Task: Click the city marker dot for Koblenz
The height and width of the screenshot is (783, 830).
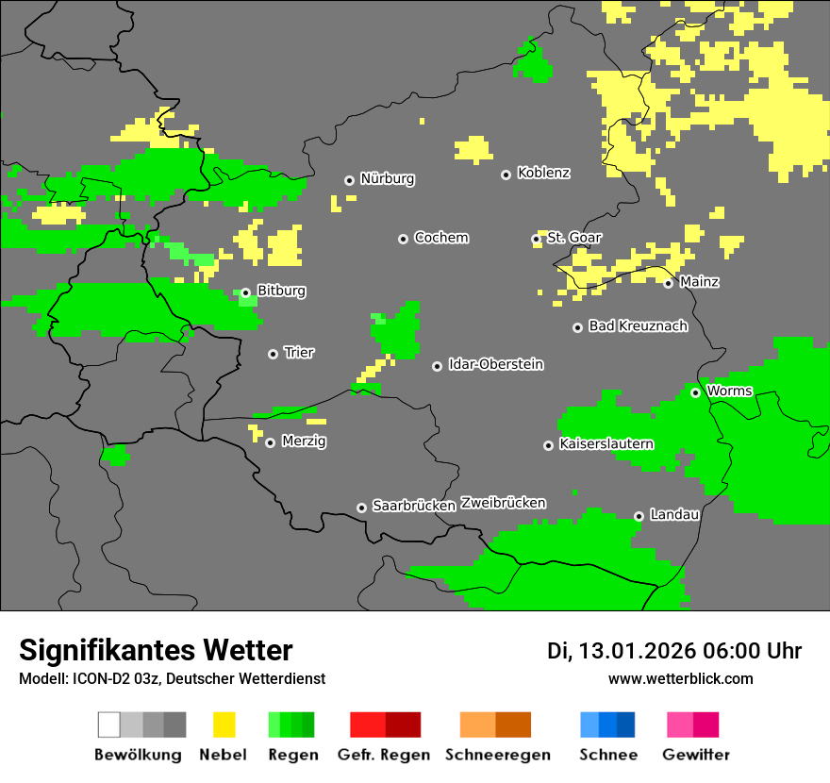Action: [x=506, y=175]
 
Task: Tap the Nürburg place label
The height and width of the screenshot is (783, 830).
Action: [x=387, y=179]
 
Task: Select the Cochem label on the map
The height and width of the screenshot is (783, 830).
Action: [x=440, y=238]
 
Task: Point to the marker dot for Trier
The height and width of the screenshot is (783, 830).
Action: [x=273, y=354]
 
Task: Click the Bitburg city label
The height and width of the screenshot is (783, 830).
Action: [x=281, y=292]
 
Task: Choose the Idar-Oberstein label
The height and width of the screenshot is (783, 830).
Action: [x=495, y=365]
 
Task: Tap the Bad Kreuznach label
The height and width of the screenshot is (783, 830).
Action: [x=638, y=326]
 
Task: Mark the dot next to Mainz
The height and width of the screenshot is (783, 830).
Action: [x=668, y=283]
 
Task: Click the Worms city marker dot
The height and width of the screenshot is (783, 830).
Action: [x=695, y=392]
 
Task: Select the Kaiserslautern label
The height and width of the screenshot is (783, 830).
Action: [x=606, y=444]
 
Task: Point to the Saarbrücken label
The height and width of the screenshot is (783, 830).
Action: [x=413, y=507]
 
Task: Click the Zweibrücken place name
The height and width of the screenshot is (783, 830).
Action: [x=503, y=503]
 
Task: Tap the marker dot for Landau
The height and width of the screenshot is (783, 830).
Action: [x=639, y=516]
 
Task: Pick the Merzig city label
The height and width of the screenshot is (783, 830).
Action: [x=304, y=441]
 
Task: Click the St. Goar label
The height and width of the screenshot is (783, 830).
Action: [x=573, y=238]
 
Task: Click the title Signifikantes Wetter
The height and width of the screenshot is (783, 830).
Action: [x=156, y=651]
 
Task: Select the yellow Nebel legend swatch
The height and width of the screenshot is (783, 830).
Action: [x=224, y=725]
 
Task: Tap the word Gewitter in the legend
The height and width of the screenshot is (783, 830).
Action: [x=695, y=755]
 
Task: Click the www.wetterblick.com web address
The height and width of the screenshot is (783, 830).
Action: [x=680, y=679]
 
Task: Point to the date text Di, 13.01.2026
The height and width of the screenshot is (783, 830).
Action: [x=620, y=651]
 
